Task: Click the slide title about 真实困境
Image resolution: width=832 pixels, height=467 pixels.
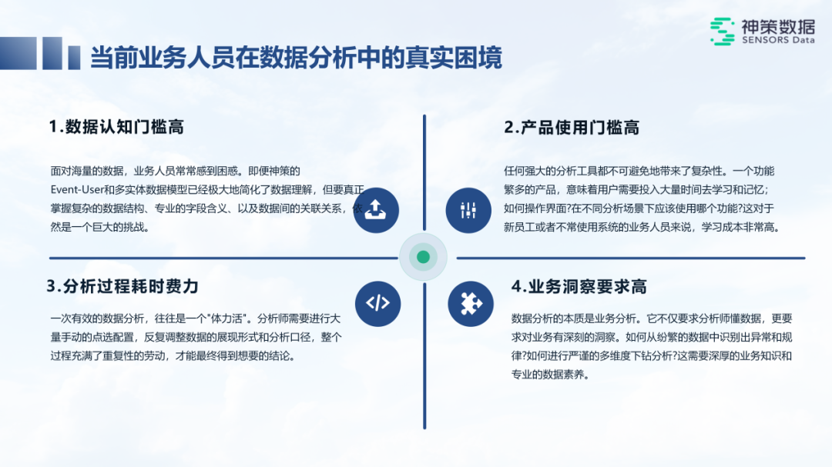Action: click(x=296, y=58)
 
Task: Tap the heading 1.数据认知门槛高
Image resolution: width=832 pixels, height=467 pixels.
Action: click(x=116, y=127)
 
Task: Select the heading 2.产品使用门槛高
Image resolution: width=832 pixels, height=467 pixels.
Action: click(x=572, y=127)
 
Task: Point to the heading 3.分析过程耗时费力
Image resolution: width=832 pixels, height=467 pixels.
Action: click(x=122, y=286)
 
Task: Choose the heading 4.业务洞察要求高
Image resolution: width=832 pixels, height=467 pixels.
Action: click(x=579, y=287)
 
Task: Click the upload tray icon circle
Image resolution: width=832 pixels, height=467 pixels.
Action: click(x=376, y=209)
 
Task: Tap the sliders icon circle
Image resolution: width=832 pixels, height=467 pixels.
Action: click(x=468, y=209)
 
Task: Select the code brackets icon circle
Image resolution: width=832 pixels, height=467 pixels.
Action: click(x=377, y=302)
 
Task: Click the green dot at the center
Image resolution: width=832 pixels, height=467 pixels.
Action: click(x=423, y=257)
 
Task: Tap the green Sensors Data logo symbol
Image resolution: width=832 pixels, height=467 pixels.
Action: click(x=722, y=31)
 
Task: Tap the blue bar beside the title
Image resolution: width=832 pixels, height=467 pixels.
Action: click(x=74, y=57)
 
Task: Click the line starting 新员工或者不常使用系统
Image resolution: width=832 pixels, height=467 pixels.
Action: click(x=642, y=227)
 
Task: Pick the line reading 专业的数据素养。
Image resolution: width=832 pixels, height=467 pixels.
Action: click(x=550, y=375)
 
